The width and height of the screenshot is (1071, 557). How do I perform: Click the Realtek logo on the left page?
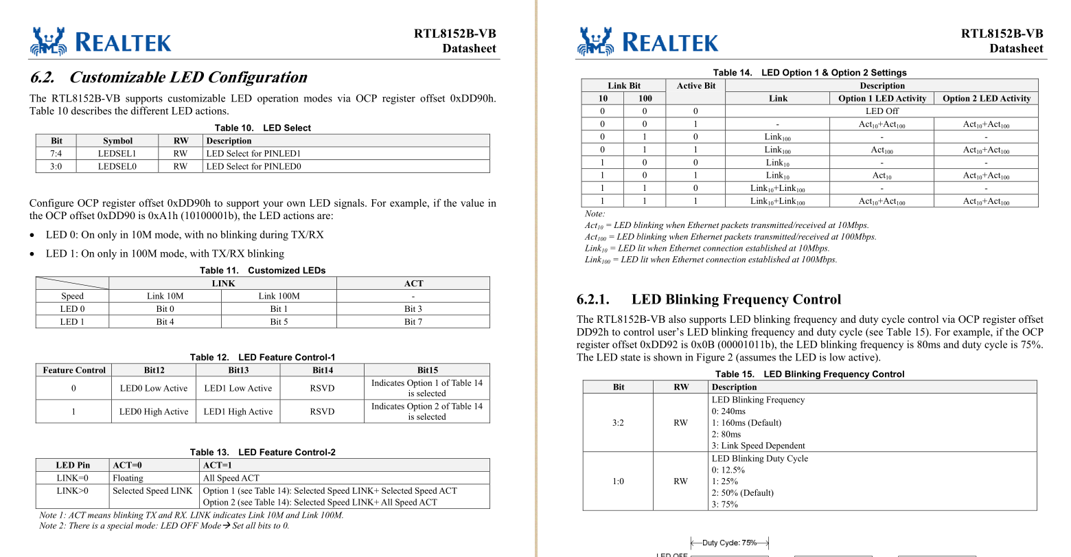coord(100,42)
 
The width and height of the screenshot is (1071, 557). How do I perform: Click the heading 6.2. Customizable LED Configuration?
coord(168,77)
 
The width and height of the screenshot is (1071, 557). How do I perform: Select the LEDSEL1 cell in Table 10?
coord(117,153)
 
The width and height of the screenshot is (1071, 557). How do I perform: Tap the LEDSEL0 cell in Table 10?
coord(117,166)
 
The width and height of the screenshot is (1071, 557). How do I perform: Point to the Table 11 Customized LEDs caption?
coord(262,271)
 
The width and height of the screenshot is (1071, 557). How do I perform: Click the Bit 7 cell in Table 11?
coord(413,321)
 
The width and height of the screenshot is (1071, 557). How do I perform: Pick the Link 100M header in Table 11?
coord(279,296)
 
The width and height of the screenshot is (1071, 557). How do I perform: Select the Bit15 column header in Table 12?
coord(426,370)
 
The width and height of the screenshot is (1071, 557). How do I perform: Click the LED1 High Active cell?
coord(238,411)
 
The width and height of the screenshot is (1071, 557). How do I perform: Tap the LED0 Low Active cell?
coord(154,388)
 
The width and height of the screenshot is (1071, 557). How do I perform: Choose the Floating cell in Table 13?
coord(128,478)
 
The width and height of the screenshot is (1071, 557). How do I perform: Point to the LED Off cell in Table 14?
coord(882,111)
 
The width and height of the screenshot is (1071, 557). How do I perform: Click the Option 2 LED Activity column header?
coord(986,98)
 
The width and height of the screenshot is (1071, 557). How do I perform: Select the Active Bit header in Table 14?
coord(695,86)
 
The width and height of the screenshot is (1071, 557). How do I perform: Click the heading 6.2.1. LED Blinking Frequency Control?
coord(709,299)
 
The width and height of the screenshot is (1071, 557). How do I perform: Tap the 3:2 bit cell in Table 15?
coord(618,422)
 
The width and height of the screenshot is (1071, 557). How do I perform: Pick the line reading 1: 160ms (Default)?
coord(746,422)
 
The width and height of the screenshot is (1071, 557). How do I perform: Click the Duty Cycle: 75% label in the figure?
coord(729,543)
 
